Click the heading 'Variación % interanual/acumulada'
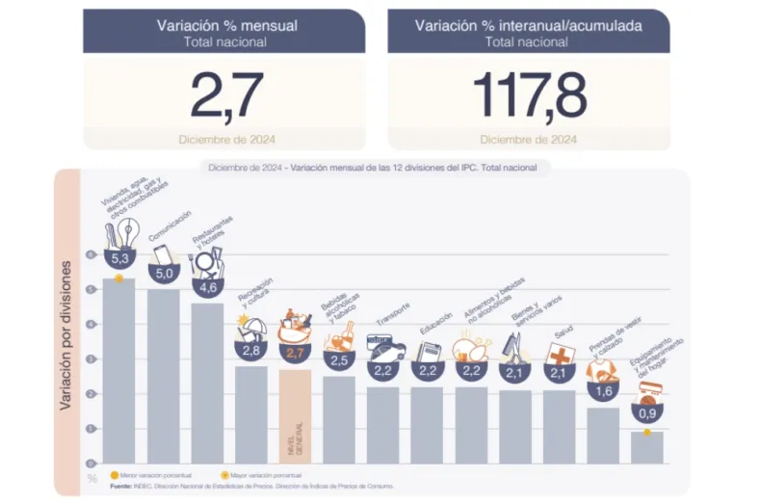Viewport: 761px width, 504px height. pos(528,26)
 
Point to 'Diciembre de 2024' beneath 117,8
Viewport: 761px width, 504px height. pos(528,139)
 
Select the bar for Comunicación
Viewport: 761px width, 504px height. pos(163,376)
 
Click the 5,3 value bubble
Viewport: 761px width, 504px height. pos(120,259)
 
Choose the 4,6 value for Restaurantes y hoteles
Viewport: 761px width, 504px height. pos(207,286)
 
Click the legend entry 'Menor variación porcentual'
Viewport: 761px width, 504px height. pos(155,475)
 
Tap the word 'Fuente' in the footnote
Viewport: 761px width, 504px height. pos(120,486)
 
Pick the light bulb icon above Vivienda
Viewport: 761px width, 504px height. pos(129,230)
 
